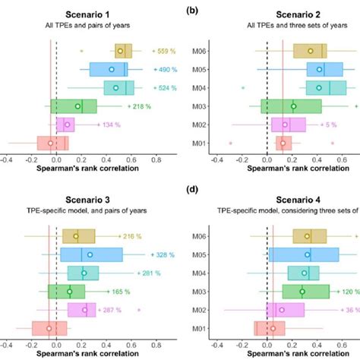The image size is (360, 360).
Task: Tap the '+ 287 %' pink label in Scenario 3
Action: pyautogui.click(x=115, y=310)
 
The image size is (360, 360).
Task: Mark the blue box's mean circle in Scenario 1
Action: pyautogui.click(x=112, y=70)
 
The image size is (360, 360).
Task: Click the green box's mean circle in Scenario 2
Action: pyautogui.click(x=293, y=106)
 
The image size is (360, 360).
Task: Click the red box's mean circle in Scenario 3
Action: pyautogui.click(x=49, y=328)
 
